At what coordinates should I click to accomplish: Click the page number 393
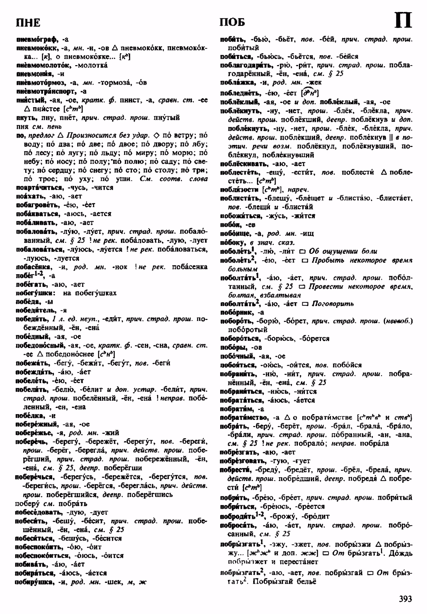[x=405, y=599]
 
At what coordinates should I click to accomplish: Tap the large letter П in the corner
[x=403, y=21]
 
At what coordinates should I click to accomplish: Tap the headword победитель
[x=37, y=310]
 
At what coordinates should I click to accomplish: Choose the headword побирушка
[x=35, y=582]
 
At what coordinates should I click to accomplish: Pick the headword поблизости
[x=239, y=189]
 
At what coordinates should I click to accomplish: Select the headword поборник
[x=237, y=312]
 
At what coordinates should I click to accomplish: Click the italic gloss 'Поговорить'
[x=333, y=304]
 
